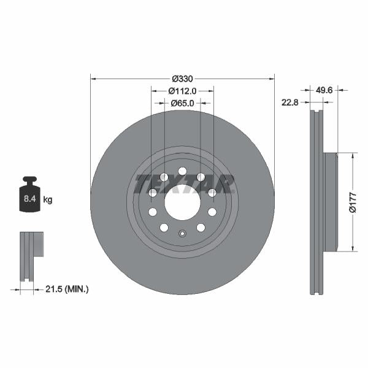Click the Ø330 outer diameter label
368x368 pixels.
[x=182, y=79]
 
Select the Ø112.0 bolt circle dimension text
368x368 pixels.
[x=182, y=91]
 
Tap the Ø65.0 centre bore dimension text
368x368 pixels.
[x=182, y=104]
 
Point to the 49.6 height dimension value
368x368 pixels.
[x=324, y=90]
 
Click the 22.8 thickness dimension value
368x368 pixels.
[x=289, y=102]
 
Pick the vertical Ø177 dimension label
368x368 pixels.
[x=353, y=202]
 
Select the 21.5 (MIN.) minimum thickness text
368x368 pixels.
[x=68, y=288]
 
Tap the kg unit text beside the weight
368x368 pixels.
[x=48, y=200]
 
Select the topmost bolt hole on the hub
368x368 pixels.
[x=182, y=171]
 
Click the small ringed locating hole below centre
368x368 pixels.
[x=182, y=233]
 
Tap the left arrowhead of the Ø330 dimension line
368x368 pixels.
[x=93, y=79]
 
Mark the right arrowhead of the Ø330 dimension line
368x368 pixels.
[x=272, y=79]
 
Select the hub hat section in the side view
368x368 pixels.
[x=330, y=202]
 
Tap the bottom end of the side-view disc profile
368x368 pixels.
[x=316, y=292]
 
